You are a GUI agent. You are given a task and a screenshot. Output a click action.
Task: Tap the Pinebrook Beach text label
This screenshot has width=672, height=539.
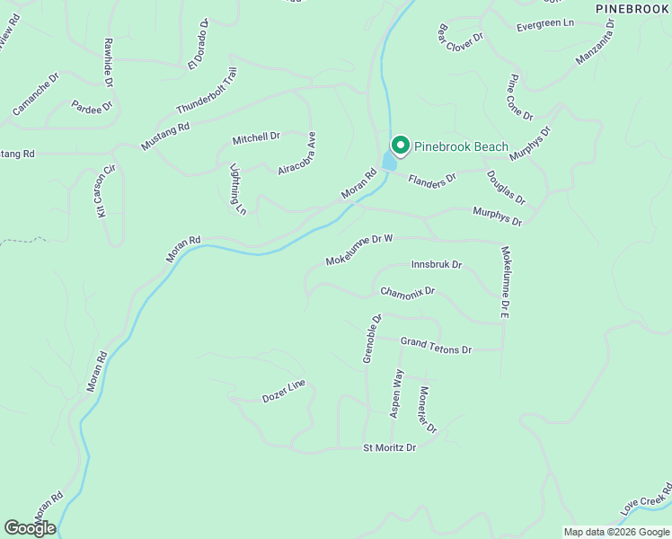[461, 146]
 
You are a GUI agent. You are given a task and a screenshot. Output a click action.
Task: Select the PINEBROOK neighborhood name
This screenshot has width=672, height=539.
[633, 7]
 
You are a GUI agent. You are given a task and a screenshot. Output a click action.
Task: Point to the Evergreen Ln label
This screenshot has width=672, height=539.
[545, 26]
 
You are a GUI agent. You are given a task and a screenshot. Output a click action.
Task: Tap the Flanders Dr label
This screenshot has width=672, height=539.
[432, 180]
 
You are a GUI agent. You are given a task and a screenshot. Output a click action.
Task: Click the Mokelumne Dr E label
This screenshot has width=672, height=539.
[506, 283]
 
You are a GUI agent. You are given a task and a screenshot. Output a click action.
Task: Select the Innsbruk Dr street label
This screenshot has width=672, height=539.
[436, 265]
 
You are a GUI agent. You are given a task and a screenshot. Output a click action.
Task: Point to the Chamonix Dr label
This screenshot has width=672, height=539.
[407, 292]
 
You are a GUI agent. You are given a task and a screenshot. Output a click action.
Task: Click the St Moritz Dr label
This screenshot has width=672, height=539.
[390, 447]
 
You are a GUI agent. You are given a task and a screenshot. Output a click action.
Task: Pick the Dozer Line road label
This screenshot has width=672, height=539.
[284, 391]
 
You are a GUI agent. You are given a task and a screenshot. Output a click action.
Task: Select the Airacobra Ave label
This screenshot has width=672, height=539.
[297, 155]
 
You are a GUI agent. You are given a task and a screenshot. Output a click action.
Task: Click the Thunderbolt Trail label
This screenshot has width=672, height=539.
[207, 91]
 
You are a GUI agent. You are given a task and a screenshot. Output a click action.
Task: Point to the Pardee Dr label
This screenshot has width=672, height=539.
[94, 107]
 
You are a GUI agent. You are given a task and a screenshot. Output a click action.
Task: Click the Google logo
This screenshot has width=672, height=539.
[30, 527]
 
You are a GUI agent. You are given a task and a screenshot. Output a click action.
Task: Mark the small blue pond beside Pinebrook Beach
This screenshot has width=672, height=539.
[390, 161]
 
